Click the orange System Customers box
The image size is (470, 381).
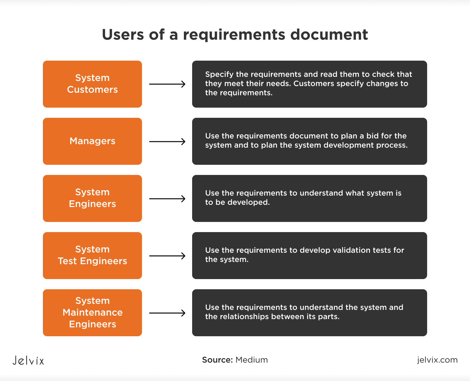tap(92, 84)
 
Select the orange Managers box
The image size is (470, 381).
tap(92, 141)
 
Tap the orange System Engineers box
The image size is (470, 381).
tap(92, 198)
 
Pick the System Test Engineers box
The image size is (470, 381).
tap(92, 255)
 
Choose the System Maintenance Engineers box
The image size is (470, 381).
tap(92, 312)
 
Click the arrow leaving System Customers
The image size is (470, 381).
tap(167, 84)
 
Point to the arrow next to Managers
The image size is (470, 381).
tap(167, 142)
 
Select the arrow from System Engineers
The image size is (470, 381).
tap(167, 199)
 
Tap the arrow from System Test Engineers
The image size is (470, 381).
tap(167, 256)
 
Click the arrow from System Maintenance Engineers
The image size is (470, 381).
tap(167, 313)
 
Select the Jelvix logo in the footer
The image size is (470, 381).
tap(28, 360)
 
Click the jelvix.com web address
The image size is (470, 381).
tap(437, 360)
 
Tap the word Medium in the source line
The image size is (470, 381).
tap(252, 360)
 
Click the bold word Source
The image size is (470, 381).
tap(218, 360)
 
